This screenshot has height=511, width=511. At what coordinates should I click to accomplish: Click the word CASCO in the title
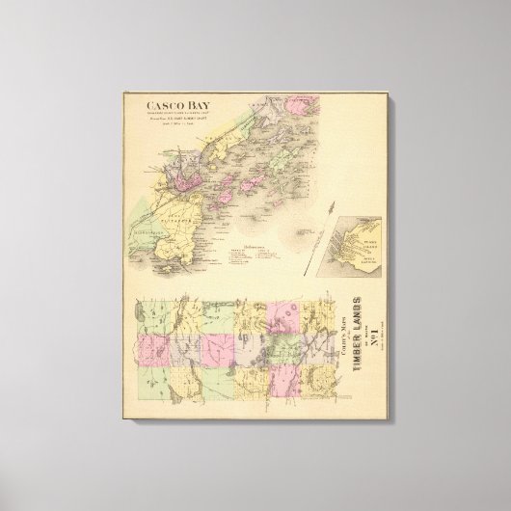coord(159,109)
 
